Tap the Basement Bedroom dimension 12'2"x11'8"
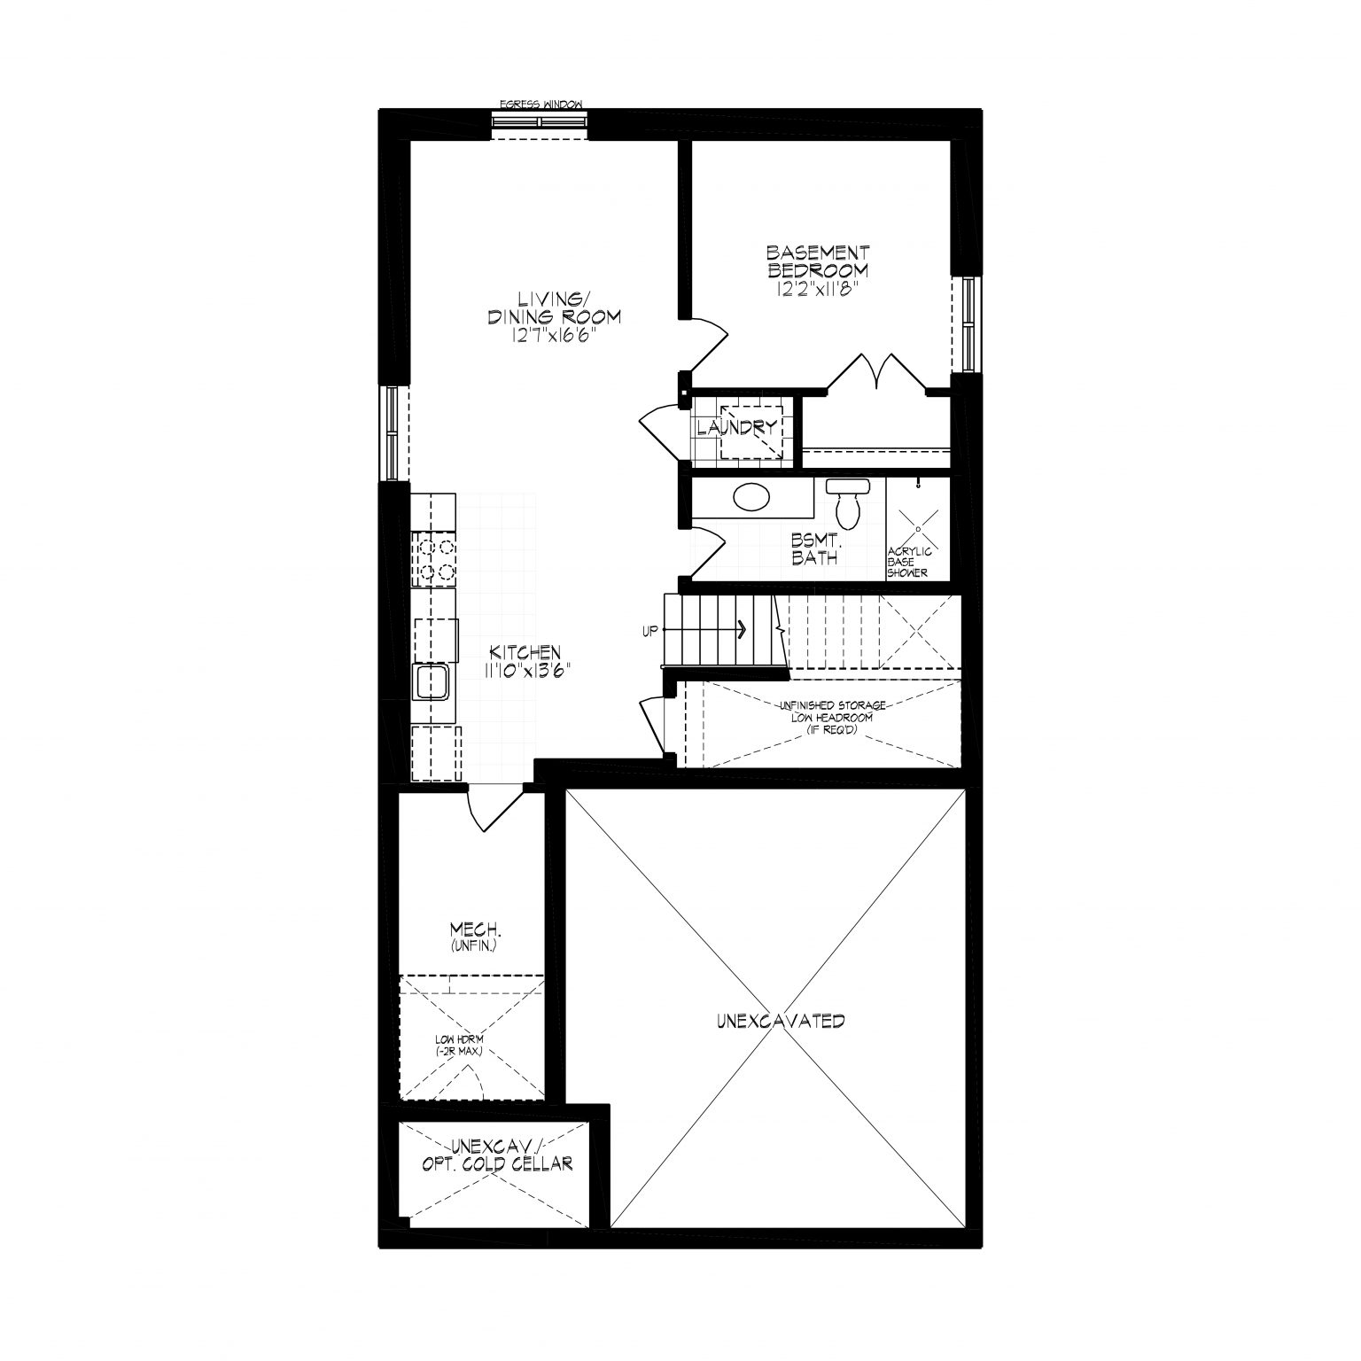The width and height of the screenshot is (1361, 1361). point(818,288)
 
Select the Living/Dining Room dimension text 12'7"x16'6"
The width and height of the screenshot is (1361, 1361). point(554,332)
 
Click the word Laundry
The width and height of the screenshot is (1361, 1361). point(737,428)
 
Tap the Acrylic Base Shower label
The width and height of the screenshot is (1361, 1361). point(907,562)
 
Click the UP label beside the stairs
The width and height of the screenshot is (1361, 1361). point(649,632)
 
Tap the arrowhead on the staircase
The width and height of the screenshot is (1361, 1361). point(739,630)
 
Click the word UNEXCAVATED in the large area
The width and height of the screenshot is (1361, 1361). point(781,1022)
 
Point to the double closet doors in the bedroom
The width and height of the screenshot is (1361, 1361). point(876,371)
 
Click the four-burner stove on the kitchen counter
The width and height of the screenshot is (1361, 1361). point(433,560)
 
